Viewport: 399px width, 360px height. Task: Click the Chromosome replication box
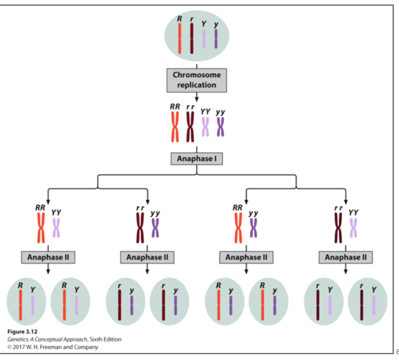(x=196, y=80)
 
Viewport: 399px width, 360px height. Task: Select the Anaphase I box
(x=196, y=159)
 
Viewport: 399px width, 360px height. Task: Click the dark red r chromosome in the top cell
(x=190, y=39)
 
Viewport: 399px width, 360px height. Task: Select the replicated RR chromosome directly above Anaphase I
(x=174, y=126)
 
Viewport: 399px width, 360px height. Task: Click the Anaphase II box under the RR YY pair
(x=49, y=257)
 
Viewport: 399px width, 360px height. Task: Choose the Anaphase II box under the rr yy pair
(x=148, y=257)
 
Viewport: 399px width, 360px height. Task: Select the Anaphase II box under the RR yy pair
(x=246, y=257)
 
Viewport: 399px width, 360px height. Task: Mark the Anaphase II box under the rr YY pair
(x=346, y=257)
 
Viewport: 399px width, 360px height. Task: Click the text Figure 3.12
(x=21, y=332)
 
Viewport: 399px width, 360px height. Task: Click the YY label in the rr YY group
(x=353, y=210)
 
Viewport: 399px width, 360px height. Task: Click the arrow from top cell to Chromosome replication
(x=196, y=61)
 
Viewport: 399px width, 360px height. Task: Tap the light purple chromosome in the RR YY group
(x=57, y=228)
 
